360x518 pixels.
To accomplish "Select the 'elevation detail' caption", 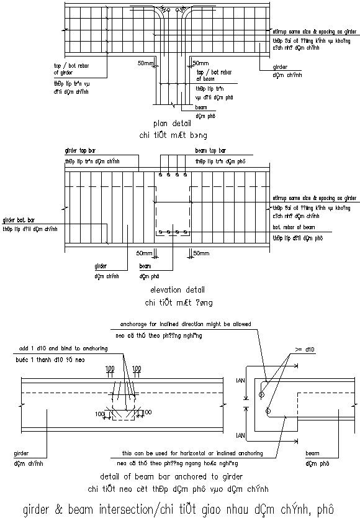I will [x=177, y=290].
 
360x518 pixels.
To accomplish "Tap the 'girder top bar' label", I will [x=81, y=151].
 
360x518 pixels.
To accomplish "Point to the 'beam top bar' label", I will [x=210, y=151].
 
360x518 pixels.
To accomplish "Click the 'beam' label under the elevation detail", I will [x=145, y=265].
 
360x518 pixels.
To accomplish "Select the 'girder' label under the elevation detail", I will [x=101, y=265].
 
